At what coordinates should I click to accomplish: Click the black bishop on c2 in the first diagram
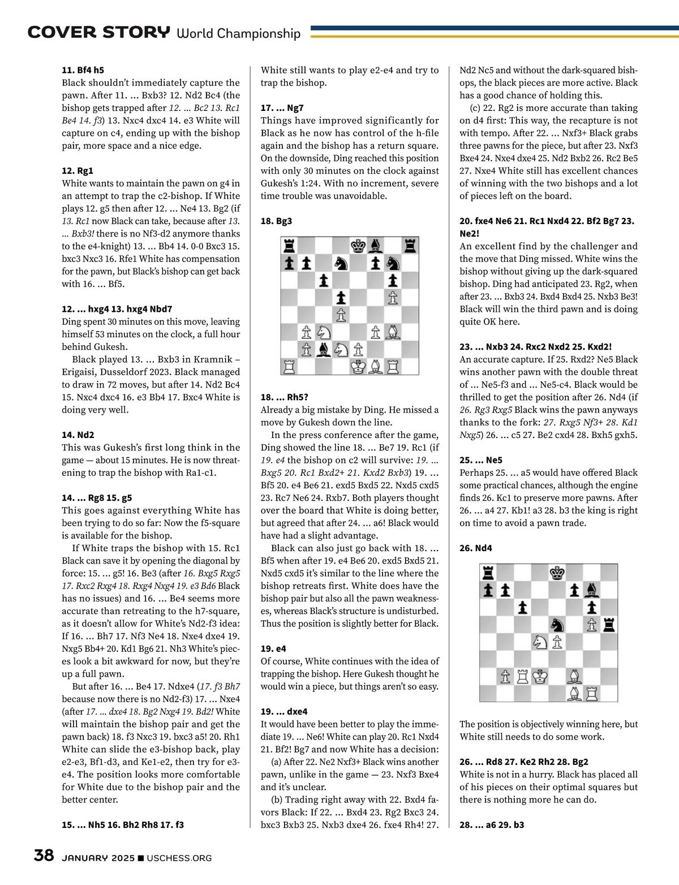pos(324,350)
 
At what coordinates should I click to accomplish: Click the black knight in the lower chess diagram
pos(558,625)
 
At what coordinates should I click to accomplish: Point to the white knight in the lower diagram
pos(540,642)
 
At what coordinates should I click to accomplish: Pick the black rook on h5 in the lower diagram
pos(609,625)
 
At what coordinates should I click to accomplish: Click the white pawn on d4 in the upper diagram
pos(341,315)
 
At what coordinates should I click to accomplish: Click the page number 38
pos(44,855)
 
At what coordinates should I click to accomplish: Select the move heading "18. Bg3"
pos(276,221)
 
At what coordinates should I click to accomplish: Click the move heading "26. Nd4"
pos(475,548)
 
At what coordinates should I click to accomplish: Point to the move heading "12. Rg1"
pos(78,170)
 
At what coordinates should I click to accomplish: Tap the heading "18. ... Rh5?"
pos(284,397)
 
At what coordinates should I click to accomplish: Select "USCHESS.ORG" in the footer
pos(179,858)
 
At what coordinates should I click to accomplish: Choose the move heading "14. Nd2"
pos(78,435)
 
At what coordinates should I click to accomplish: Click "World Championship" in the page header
pos(238,33)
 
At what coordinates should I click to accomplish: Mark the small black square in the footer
pos(141,858)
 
